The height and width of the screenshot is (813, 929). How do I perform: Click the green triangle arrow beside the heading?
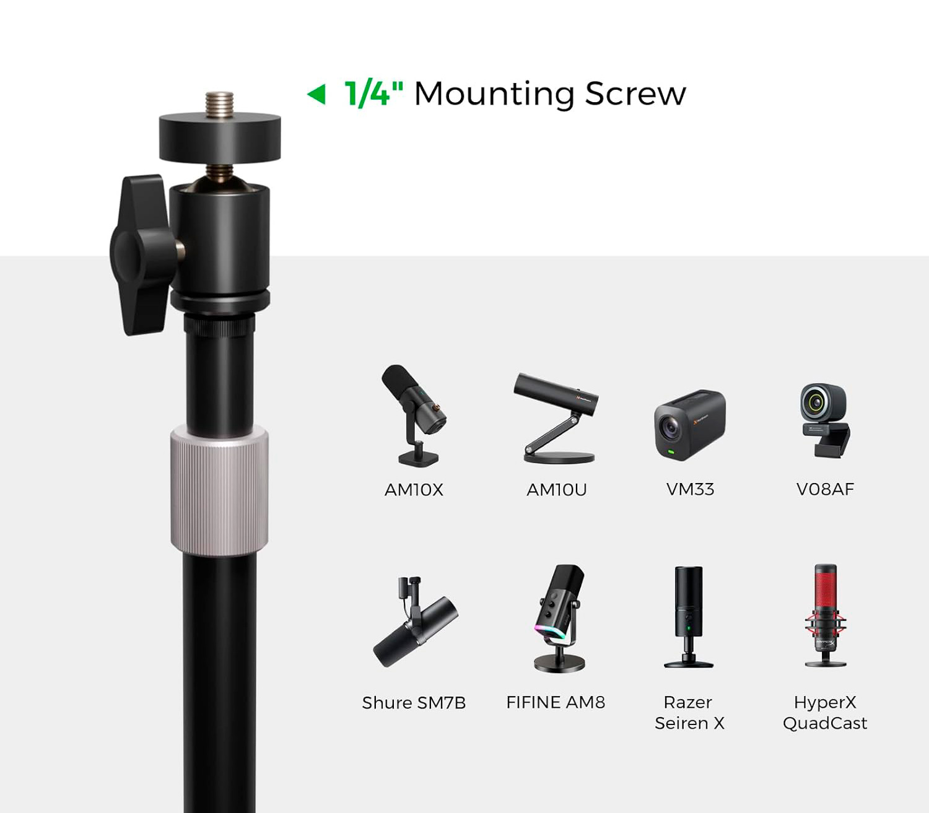317,94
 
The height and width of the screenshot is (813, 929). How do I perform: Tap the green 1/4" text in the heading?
373,93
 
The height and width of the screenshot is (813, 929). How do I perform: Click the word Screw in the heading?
635,94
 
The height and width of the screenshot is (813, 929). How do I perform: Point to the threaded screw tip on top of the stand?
219,105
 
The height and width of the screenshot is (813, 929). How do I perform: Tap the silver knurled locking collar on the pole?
219,490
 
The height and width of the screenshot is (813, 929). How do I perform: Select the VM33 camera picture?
690,424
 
